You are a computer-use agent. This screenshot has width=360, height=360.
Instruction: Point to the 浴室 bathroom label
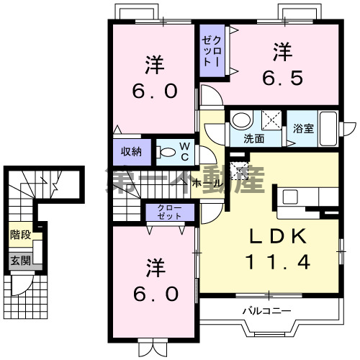click(302, 130)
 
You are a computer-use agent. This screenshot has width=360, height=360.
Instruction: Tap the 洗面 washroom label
click(253, 138)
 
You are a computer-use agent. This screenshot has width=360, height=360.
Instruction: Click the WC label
click(184, 151)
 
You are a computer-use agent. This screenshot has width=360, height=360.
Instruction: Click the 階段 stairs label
click(19, 235)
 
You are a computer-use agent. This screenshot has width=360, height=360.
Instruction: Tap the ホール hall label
click(207, 184)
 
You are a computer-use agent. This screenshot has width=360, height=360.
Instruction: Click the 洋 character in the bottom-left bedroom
click(153, 266)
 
